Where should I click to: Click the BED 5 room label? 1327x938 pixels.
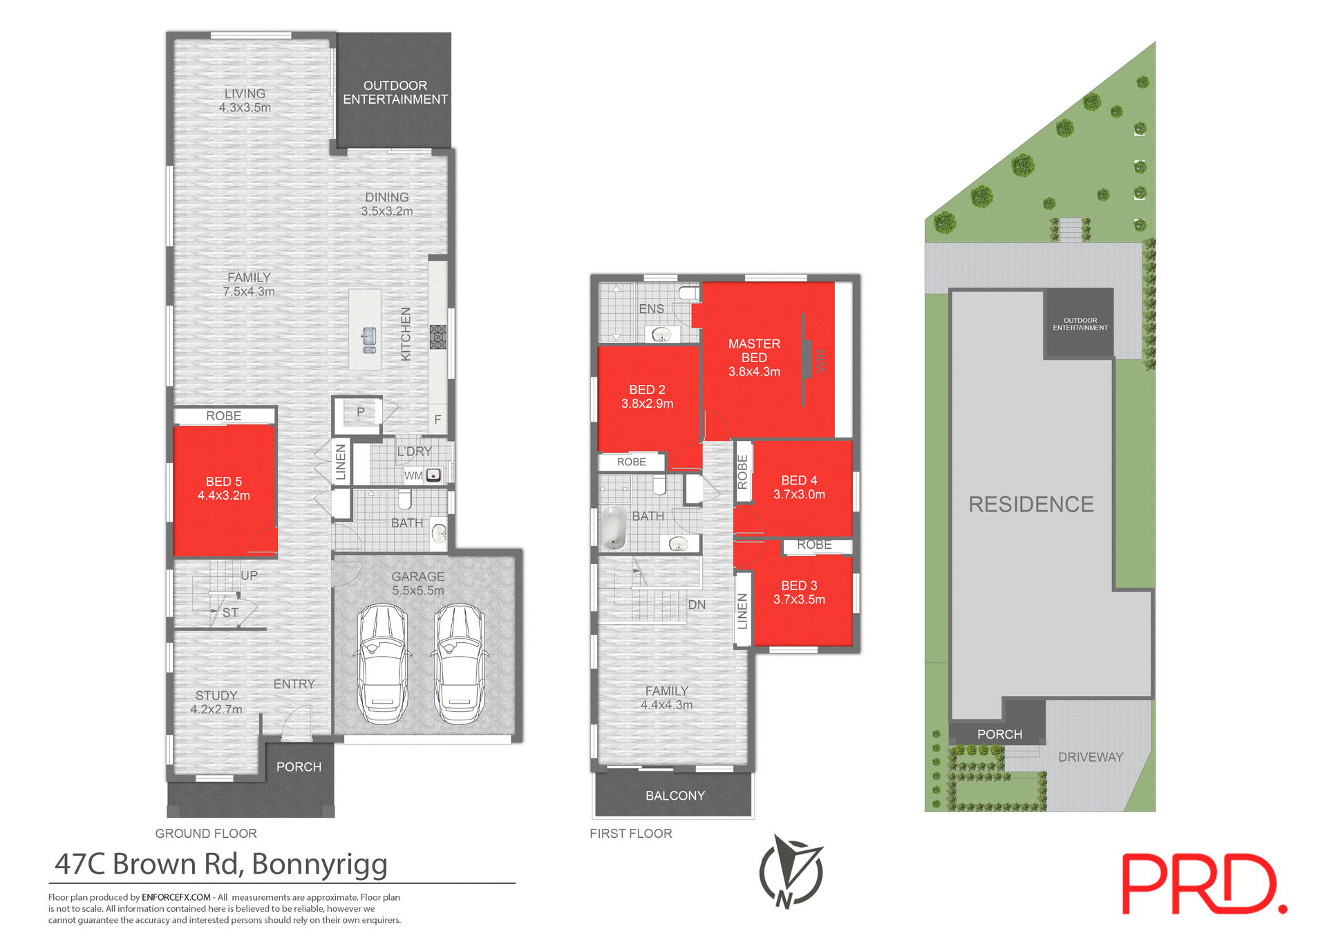pos(223,482)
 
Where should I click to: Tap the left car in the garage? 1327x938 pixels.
pos(382,664)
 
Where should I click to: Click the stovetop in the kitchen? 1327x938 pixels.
pos(437,337)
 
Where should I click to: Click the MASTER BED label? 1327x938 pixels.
pos(754,350)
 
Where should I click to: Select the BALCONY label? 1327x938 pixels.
pos(675,796)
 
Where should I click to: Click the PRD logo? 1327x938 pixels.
pos(1203,884)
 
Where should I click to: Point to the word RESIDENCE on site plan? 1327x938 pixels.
pos(1030,505)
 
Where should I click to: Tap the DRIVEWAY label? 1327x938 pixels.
pos(1090,757)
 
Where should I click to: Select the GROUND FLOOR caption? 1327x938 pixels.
pos(205,834)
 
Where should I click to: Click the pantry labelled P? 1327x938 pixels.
pos(360,413)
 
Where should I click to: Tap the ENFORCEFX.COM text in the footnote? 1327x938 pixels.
pos(176,897)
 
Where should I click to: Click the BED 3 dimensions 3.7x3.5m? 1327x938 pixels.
pos(799,599)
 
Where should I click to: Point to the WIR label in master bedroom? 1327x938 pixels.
pos(821,360)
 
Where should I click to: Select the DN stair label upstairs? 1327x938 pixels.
pos(697,605)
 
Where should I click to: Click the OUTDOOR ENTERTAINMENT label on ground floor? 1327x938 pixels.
pos(395,93)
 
